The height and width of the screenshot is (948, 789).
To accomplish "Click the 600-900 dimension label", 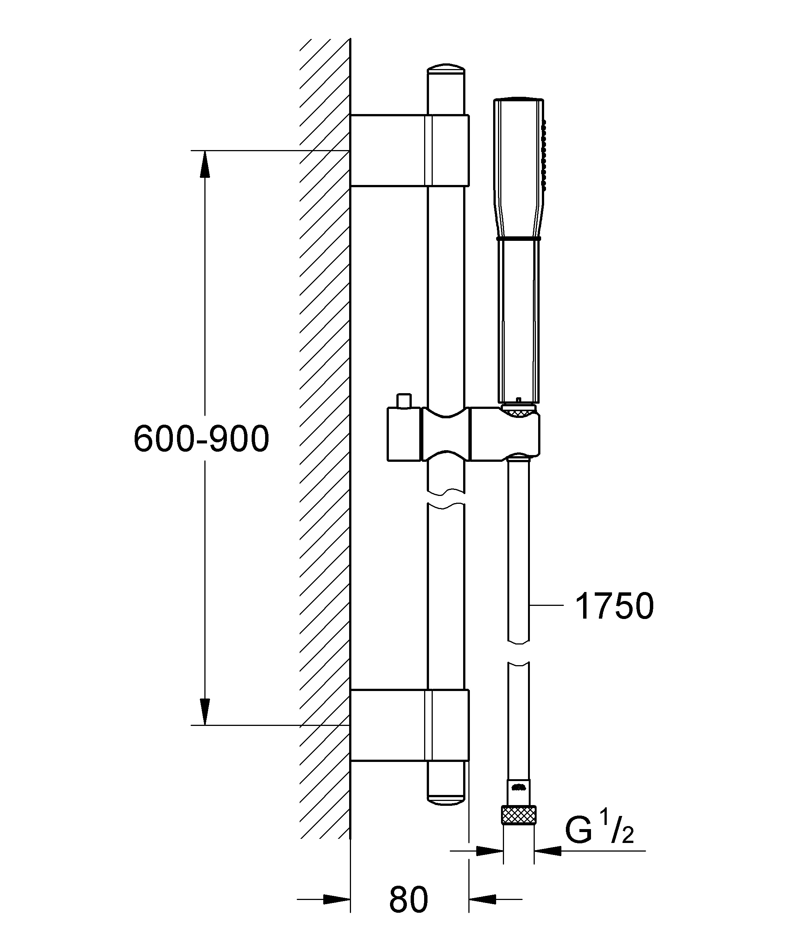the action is [201, 439].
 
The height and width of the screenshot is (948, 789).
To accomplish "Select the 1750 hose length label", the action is [614, 606].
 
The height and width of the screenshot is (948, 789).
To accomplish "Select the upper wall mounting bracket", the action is [410, 150].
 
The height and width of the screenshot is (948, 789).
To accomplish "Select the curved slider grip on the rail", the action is [445, 434].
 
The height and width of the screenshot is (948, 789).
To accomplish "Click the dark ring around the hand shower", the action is [519, 237].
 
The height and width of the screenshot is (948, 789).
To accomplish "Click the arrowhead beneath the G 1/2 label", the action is [548, 851].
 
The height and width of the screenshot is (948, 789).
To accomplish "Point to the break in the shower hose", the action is [519, 652].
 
